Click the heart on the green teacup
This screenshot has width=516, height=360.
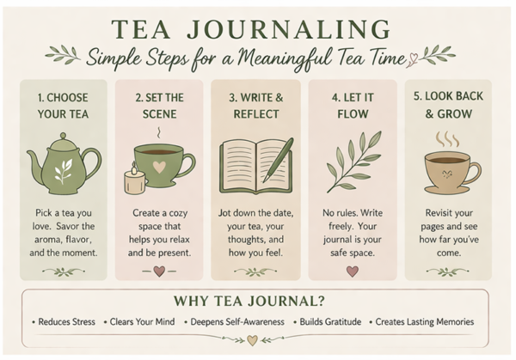tap(159, 167)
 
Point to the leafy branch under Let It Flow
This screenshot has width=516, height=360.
tap(353, 162)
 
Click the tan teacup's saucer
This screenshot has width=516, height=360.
tap(449, 190)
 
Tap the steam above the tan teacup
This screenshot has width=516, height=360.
tap(447, 140)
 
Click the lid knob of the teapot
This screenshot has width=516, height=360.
tap(63, 136)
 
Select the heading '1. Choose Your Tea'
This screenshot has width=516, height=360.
tap(63, 106)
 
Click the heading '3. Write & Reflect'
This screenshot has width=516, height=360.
tap(255, 106)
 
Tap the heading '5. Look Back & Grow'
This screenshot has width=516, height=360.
tap(448, 105)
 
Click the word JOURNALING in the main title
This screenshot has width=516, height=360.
tap(288, 29)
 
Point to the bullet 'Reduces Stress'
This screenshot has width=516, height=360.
tap(67, 321)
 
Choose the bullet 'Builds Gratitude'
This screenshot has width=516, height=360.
tap(330, 321)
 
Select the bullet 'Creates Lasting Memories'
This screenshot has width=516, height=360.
tap(425, 321)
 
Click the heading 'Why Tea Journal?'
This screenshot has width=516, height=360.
tap(249, 301)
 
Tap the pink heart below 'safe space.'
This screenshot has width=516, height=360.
tap(353, 272)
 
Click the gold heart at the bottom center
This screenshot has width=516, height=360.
tap(252, 340)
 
